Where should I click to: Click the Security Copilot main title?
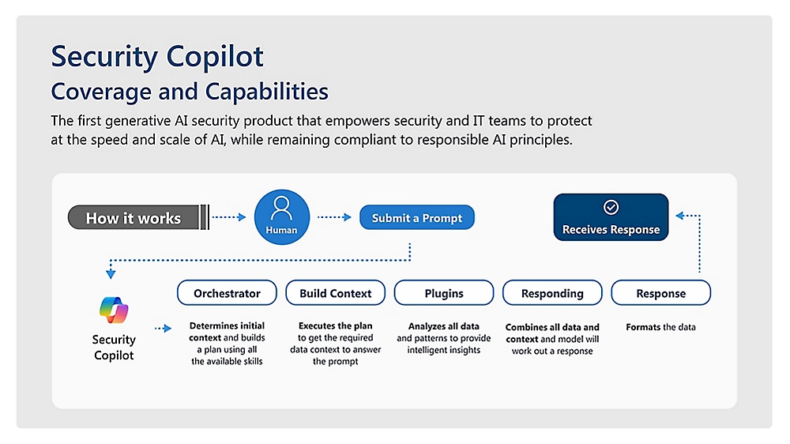(157, 57)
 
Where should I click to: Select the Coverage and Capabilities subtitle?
(190, 92)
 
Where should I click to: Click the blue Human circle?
(282, 217)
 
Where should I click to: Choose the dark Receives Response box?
(611, 217)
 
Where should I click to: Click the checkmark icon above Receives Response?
(611, 207)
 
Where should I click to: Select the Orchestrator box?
(227, 293)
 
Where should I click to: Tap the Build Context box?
(335, 293)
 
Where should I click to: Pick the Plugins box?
(444, 293)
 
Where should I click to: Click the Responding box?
(552, 293)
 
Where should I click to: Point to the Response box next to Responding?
(661, 293)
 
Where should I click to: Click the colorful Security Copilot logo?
(114, 310)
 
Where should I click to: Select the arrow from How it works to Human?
(230, 217)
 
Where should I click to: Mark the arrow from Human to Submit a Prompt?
(334, 217)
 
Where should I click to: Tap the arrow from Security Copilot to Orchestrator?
(163, 328)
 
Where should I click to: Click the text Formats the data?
(661, 326)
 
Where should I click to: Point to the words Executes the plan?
(335, 325)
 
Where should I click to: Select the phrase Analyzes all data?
(444, 326)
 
